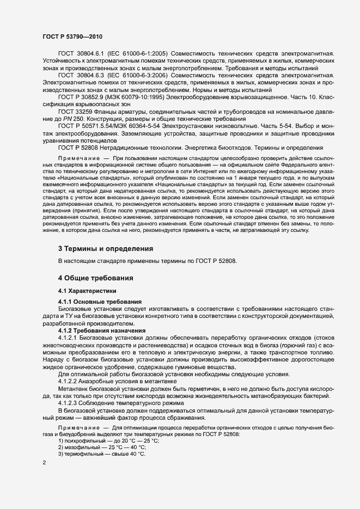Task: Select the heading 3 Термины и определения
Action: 105,248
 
